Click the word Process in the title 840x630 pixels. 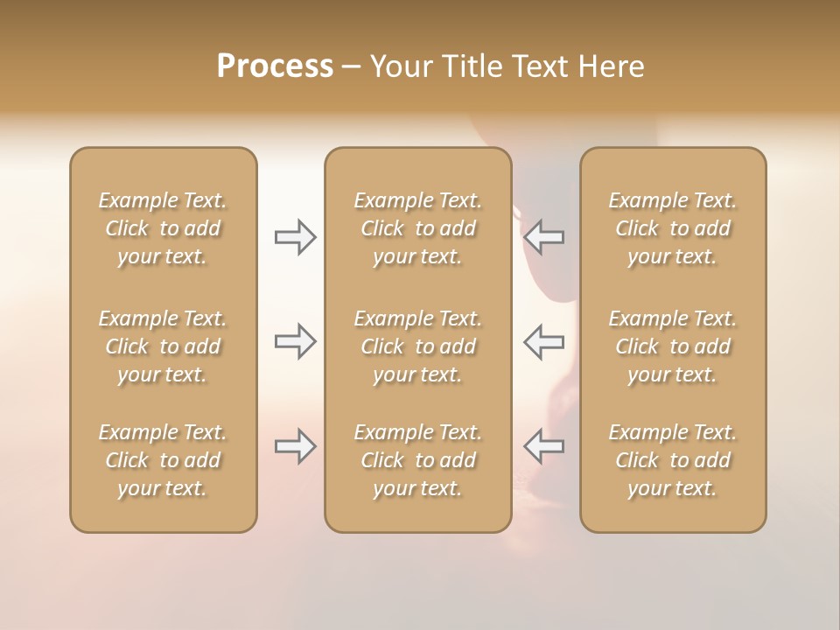[x=275, y=66]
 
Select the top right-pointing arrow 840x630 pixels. [x=295, y=237]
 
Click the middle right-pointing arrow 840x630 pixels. [x=295, y=341]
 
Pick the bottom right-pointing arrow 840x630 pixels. [x=295, y=446]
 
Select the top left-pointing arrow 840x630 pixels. [x=544, y=237]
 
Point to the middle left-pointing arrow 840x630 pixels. [x=544, y=341]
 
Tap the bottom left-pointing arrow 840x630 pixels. [x=544, y=446]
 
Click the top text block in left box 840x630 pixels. [x=163, y=228]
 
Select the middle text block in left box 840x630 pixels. [x=163, y=346]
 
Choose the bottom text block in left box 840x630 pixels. [x=163, y=460]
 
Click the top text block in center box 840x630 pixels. [x=417, y=228]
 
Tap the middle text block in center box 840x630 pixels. [x=417, y=346]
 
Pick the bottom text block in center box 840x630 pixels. [x=417, y=460]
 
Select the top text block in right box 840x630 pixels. [x=672, y=228]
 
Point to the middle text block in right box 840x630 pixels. [x=672, y=346]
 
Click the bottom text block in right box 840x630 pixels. [x=672, y=460]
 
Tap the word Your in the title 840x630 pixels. [x=398, y=66]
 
